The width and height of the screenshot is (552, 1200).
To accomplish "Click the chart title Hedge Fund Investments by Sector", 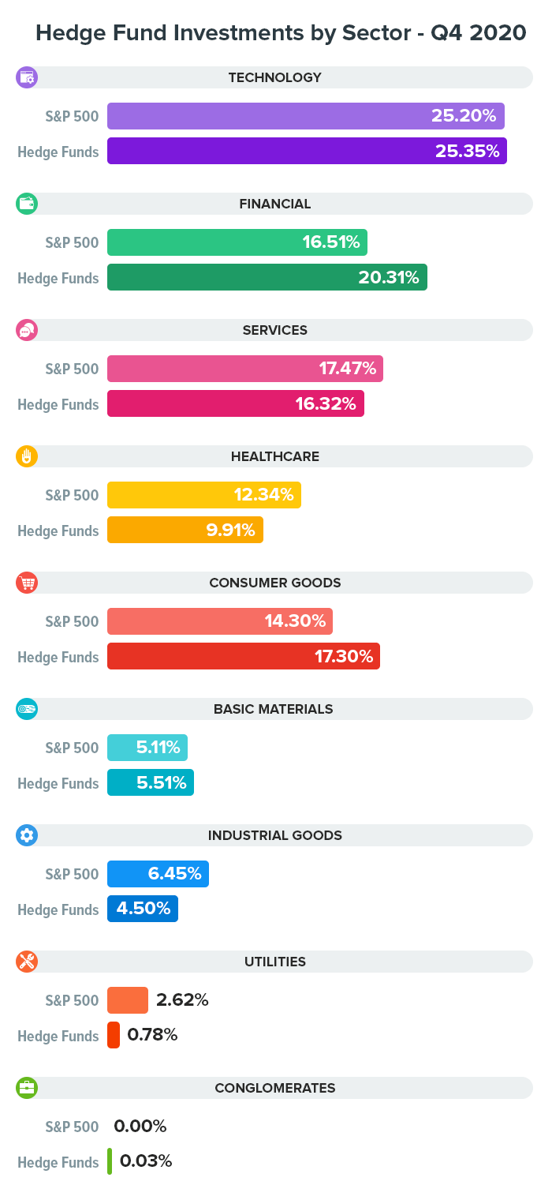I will (x=281, y=32).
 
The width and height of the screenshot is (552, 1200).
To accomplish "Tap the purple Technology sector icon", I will (x=27, y=77).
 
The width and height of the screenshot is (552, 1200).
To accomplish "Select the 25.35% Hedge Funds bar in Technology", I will (x=307, y=151).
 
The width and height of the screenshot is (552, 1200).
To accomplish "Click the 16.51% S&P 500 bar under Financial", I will (x=237, y=242).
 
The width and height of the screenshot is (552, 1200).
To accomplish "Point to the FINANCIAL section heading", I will (x=274, y=204).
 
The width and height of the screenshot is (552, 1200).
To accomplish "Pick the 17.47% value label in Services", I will (x=347, y=369).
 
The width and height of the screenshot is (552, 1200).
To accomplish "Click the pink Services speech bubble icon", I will (x=27, y=330).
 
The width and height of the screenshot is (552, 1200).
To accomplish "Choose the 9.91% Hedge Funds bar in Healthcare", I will (x=185, y=530).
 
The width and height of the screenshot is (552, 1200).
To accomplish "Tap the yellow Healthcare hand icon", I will (x=27, y=456).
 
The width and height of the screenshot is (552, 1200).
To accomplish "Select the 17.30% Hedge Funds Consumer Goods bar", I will (x=243, y=656).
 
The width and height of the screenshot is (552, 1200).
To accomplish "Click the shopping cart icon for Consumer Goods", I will (x=27, y=583).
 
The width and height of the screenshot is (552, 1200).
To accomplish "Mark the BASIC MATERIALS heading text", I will (x=273, y=709).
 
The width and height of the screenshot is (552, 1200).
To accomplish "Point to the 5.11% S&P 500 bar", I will (x=147, y=748).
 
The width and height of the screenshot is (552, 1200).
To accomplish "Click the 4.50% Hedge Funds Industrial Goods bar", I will (x=142, y=909).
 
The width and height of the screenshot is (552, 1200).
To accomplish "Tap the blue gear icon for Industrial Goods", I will (x=27, y=835).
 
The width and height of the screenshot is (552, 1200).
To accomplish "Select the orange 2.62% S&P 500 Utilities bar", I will (x=127, y=1000).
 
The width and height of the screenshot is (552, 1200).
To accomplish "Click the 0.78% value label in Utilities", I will (x=152, y=1035).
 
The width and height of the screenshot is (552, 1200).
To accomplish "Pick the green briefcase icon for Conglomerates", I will (x=27, y=1088).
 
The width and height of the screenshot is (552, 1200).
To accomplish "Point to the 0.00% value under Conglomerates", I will (x=140, y=1127).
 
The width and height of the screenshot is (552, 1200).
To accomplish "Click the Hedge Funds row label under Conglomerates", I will (x=58, y=1162).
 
